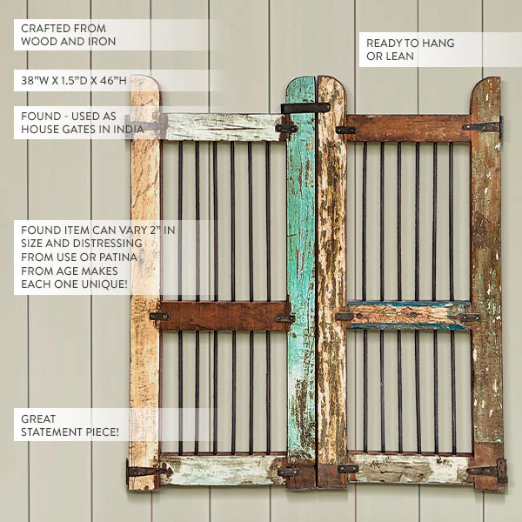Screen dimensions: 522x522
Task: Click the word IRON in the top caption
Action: pyautogui.click(x=104, y=42)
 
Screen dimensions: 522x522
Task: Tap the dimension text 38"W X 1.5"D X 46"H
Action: pyautogui.click(x=74, y=81)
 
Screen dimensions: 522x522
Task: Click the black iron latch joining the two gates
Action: pyautogui.click(x=305, y=108)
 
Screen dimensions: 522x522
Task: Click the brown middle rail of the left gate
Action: pyautogui.click(x=224, y=316)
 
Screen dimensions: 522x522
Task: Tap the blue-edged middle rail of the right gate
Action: pyautogui.click(x=409, y=316)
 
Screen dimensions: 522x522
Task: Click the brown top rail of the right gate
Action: pyautogui.click(x=409, y=129)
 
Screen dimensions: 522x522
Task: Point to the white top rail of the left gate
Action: pyautogui.click(x=223, y=127)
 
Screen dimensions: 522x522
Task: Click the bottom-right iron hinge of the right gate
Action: pyautogui.click(x=488, y=471)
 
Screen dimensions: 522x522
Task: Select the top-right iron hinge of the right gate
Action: pyautogui.click(x=483, y=126)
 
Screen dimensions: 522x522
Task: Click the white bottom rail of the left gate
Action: pyautogui.click(x=223, y=470)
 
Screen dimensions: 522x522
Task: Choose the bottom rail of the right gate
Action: pyautogui.click(x=410, y=469)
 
